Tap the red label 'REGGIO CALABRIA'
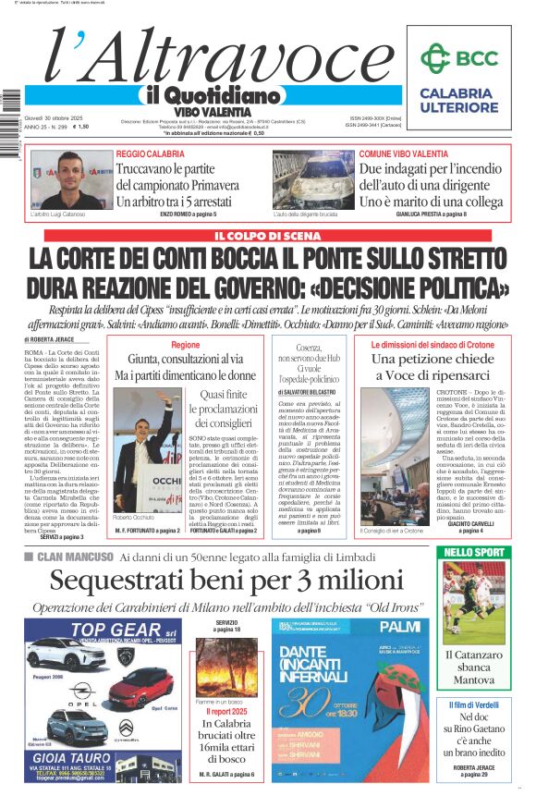tap(150, 153)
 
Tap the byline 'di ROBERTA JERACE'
tap(52, 340)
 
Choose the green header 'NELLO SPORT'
tap(473, 552)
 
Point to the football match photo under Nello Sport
tap(473, 602)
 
